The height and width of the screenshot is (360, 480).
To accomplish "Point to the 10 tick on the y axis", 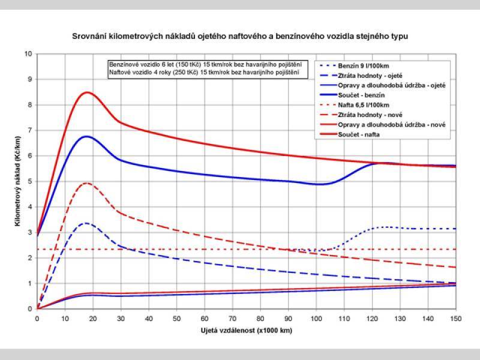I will click(28, 54).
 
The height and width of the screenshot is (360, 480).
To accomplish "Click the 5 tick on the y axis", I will click(30, 182).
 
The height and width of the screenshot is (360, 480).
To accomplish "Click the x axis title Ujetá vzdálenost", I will click(247, 331).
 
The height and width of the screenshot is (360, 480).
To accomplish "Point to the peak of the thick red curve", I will click(88, 92).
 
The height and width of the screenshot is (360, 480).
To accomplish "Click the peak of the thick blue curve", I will click(88, 136).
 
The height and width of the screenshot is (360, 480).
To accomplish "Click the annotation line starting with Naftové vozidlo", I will click(204, 73).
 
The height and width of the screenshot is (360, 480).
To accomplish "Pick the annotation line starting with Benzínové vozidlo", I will click(204, 64).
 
